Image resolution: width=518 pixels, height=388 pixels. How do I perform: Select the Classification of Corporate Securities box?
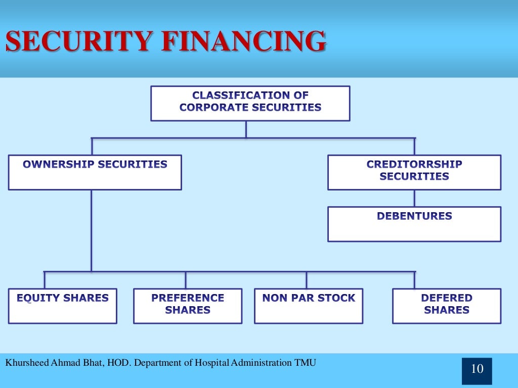[x=250, y=103]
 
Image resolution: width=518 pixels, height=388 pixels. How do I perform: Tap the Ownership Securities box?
[x=95, y=172]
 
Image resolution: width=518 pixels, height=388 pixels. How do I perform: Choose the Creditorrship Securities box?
[x=414, y=172]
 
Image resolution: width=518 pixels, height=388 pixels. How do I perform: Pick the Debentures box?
[x=414, y=224]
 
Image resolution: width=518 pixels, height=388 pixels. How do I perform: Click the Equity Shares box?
[x=63, y=306]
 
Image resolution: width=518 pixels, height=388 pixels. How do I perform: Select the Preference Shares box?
[x=188, y=306]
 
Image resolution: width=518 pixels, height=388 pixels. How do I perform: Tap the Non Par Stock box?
[x=308, y=306]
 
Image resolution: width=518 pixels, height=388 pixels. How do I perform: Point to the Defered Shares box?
[x=447, y=306]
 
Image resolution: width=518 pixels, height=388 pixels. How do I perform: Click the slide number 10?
[x=477, y=369]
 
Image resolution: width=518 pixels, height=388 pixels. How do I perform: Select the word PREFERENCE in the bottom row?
[x=188, y=298]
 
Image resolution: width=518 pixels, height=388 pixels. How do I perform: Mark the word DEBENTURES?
[x=414, y=216]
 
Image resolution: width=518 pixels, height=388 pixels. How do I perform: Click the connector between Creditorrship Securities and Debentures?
[x=414, y=198]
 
